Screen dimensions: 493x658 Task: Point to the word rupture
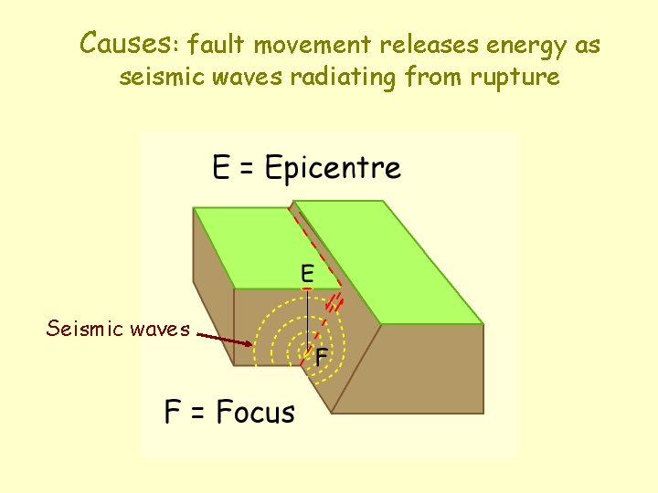[x=515, y=78]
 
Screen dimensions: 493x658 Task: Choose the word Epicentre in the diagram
[x=333, y=169]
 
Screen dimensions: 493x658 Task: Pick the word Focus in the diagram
[x=256, y=413]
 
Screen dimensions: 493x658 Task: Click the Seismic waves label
[x=118, y=329]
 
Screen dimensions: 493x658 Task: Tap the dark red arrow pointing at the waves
[x=224, y=339]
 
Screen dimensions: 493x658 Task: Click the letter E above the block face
[x=307, y=273]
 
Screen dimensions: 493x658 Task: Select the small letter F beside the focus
[x=322, y=358]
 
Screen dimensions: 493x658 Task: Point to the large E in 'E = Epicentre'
[x=221, y=169]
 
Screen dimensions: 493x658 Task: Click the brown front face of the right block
[x=416, y=370]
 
